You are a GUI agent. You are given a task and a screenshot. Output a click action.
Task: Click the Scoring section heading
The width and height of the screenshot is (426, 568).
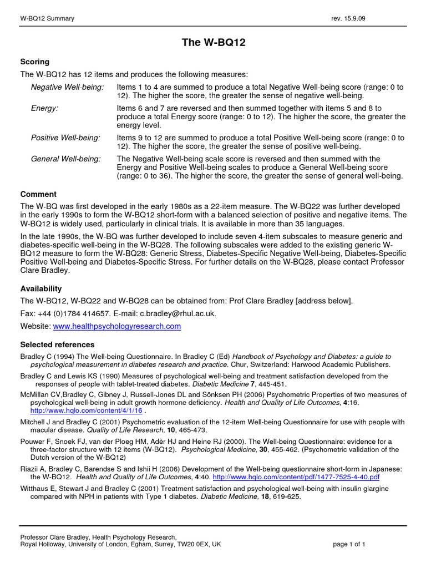click(x=34, y=62)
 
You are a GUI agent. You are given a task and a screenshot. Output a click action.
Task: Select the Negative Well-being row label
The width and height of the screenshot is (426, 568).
click(x=67, y=87)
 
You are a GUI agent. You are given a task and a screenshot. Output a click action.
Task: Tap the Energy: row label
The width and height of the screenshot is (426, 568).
click(x=44, y=108)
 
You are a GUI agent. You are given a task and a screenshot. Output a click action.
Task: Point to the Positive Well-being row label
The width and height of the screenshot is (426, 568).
click(x=65, y=137)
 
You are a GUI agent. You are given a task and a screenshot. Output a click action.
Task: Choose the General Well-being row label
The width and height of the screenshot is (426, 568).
click(x=66, y=159)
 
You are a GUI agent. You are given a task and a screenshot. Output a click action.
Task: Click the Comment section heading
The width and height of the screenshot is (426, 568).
click(x=38, y=194)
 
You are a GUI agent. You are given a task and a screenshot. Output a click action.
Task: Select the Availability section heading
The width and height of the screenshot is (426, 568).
click(x=41, y=288)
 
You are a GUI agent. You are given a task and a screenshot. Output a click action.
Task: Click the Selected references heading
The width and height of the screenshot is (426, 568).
click(x=57, y=344)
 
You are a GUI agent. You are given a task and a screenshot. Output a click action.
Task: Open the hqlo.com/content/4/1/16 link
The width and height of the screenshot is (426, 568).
click(x=86, y=410)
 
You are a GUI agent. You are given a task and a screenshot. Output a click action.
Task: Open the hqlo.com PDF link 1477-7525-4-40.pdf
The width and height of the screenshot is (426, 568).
click(x=296, y=476)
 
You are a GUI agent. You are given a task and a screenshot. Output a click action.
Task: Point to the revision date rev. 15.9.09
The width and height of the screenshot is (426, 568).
click(x=348, y=19)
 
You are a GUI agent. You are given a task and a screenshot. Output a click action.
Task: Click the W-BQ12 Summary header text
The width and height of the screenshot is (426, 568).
click(x=47, y=19)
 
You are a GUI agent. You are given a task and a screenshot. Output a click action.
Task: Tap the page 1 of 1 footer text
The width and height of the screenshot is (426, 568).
click(x=349, y=544)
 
